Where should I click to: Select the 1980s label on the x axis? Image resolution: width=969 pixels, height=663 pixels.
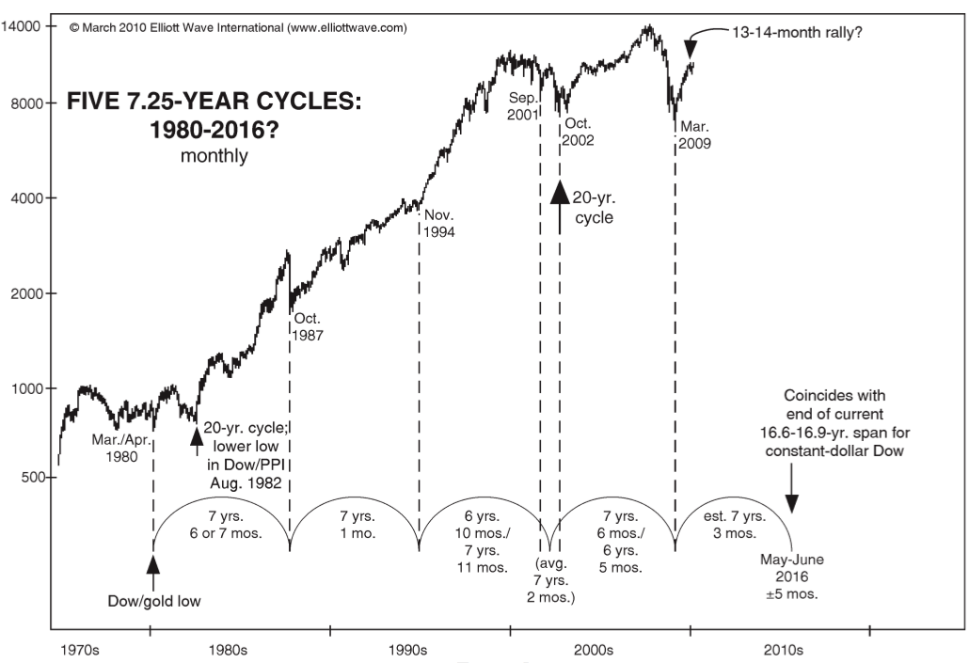pos(230,649)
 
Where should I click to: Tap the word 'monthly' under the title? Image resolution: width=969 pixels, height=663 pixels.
pos(214,156)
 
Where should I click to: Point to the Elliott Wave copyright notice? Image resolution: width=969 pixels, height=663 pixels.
pos(239,28)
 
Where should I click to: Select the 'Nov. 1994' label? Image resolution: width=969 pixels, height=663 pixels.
pos(439,223)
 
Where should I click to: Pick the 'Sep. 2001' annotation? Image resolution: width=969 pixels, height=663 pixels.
pos(523,106)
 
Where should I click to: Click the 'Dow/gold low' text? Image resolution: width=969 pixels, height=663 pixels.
pos(154,600)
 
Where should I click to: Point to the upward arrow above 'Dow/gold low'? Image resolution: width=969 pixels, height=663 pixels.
pos(153,564)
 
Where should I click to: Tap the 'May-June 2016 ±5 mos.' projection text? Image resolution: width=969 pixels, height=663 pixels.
pos(792,576)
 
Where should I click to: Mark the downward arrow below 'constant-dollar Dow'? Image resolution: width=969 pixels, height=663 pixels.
pos(792,497)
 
